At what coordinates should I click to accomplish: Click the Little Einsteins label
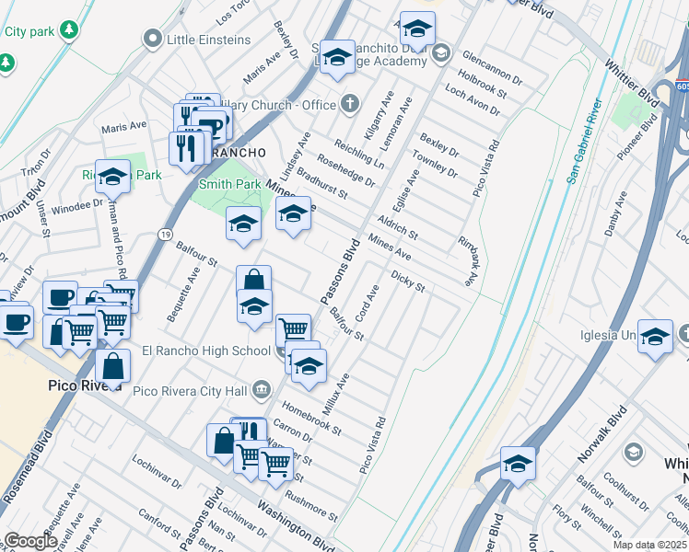pyautogui.click(x=209, y=40)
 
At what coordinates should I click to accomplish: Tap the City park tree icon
pyautogui.click(x=68, y=30)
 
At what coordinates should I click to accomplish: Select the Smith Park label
pyautogui.click(x=228, y=184)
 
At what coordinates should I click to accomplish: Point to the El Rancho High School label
pyautogui.click(x=206, y=351)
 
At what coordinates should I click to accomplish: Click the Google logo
pyautogui.click(x=30, y=541)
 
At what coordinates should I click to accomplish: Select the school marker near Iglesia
pyautogui.click(x=655, y=338)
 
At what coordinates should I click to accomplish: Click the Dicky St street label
pyautogui.click(x=407, y=281)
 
